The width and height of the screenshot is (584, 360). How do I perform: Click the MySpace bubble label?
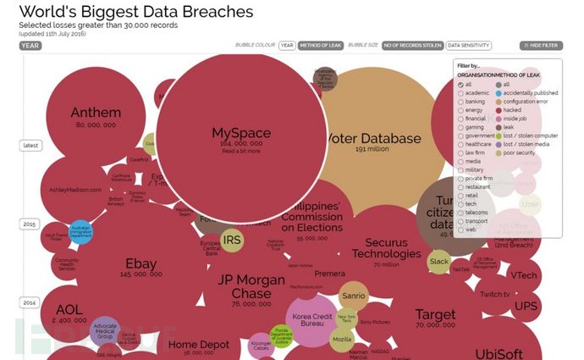coord(240,133)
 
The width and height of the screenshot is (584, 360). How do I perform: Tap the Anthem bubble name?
coord(96,113)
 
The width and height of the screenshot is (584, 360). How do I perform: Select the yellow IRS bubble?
coord(232,241)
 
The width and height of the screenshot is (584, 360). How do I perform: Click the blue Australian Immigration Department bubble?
coord(80,232)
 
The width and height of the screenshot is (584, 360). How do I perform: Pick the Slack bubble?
coord(438,263)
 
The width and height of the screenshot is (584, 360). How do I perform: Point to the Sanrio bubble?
coord(352,296)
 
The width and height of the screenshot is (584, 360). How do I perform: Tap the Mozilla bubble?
coord(341,339)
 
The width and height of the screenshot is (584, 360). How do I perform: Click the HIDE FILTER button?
coord(541,46)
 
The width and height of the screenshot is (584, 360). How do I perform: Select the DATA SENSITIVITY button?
coord(467,46)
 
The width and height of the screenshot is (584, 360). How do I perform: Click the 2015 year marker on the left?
coord(30,224)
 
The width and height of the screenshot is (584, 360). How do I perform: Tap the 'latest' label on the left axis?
coord(30,146)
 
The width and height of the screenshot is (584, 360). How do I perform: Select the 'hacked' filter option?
coord(512,109)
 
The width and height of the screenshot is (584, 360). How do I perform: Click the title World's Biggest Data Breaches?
coord(135,13)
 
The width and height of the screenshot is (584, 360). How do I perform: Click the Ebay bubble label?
coord(140,263)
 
